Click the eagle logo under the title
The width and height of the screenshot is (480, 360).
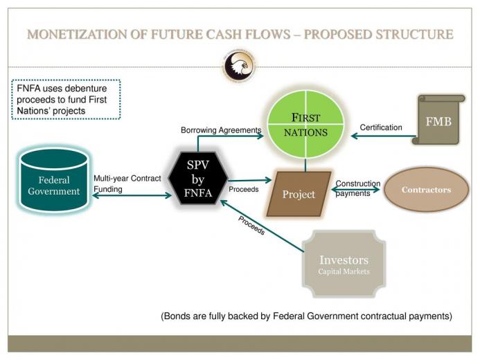[239, 66]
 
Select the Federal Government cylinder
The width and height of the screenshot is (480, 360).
[54, 181]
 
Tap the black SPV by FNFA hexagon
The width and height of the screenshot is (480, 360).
[198, 179]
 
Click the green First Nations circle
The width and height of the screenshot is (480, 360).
[305, 124]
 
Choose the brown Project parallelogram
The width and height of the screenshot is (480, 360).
[299, 194]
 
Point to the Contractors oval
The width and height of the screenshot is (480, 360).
[426, 190]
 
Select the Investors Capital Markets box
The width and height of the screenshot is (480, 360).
[344, 264]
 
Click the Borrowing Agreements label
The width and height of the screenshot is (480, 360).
[221, 130]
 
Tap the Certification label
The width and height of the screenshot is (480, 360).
[381, 127]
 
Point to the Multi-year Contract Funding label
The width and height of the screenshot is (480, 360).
[127, 183]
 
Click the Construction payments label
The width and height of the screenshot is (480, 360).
[358, 188]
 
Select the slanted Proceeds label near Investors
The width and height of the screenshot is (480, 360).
[251, 226]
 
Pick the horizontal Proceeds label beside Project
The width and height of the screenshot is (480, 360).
[244, 189]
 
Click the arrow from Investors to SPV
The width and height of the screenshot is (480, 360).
[262, 226]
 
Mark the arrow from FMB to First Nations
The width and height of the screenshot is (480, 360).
[384, 136]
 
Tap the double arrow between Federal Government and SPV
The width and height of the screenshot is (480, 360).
[132, 195]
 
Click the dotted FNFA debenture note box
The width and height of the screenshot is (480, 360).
[66, 100]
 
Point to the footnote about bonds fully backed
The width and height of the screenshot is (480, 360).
[306, 316]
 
